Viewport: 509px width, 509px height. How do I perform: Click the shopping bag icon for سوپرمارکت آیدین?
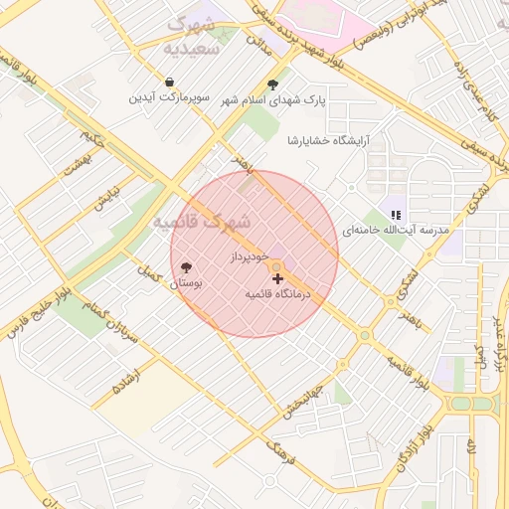point(171,83)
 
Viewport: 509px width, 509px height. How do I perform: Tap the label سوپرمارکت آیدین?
point(171,98)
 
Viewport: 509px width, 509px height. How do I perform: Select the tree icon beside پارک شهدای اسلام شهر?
point(273,85)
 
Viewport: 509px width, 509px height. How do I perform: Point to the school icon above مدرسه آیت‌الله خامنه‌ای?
point(396,215)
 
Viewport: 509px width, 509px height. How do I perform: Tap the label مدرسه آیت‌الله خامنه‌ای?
point(396,230)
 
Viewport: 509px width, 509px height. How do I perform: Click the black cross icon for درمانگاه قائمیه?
point(277,279)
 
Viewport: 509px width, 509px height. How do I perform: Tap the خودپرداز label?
point(250,256)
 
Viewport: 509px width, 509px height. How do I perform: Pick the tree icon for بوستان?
point(186,267)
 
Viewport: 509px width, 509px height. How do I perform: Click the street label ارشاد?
point(131,377)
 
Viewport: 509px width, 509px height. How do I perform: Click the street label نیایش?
point(106,198)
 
